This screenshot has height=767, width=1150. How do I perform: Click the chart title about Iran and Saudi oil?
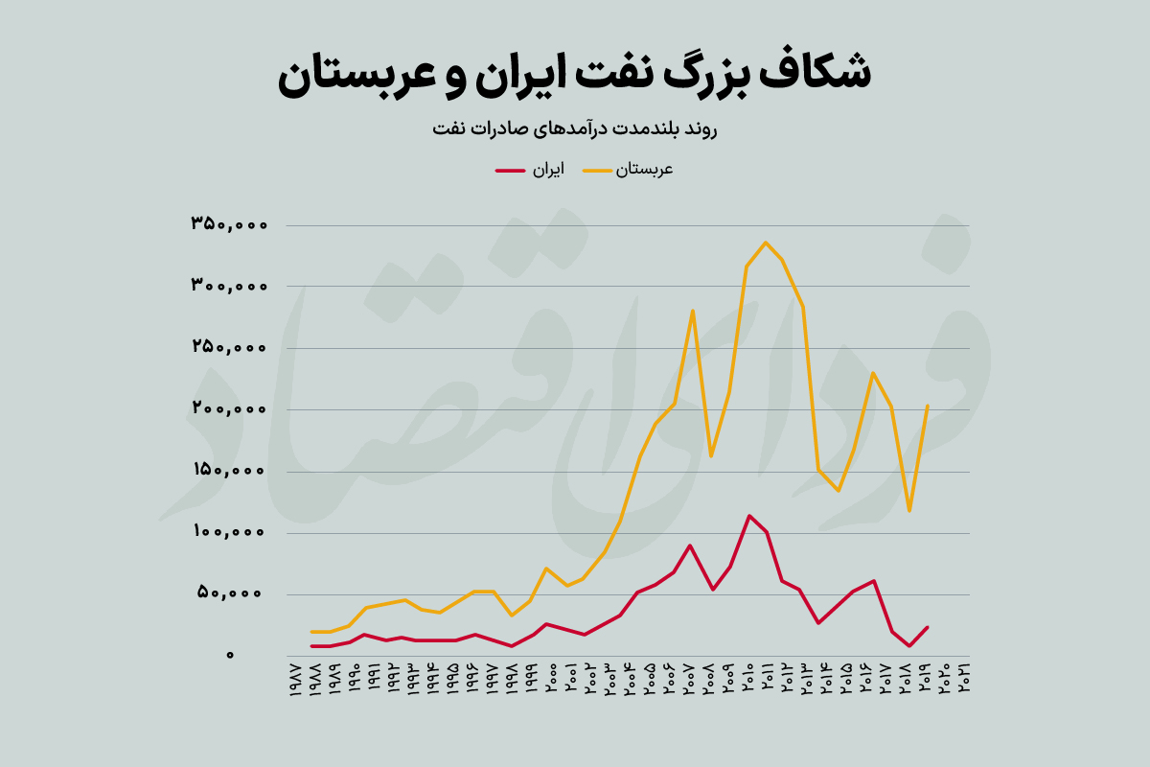pos(575,75)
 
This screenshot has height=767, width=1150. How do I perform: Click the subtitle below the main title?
pos(575,128)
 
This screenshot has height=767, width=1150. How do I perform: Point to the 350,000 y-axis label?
pos(228,224)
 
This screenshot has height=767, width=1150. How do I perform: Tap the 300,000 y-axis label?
pos(228,286)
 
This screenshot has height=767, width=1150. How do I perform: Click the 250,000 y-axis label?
pos(228,347)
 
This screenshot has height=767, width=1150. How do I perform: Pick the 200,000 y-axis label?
pos(228,408)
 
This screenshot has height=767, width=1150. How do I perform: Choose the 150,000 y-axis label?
pos(228,470)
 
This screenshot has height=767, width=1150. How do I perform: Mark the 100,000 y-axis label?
pos(228,531)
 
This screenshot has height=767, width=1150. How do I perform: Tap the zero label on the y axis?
pos(230,655)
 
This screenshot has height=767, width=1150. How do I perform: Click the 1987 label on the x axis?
pos(294,679)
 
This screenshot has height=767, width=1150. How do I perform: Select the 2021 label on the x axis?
pos(963,679)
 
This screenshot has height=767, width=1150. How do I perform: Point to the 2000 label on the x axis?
pos(550,679)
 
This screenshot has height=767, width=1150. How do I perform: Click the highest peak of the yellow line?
pos(765,242)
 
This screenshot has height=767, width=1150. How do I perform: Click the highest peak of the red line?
pos(748,516)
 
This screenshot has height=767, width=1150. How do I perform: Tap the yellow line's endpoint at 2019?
pos(928,406)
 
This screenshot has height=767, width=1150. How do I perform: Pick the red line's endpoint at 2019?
pos(928,627)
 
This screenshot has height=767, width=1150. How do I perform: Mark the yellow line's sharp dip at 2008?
pos(710,456)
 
